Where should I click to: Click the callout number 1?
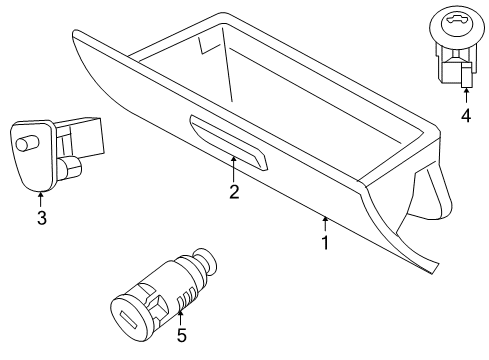pyautogui.click(x=323, y=243)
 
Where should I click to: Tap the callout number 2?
pyautogui.click(x=234, y=191)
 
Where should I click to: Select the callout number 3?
pyautogui.click(x=41, y=218)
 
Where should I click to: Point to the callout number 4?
pyautogui.click(x=465, y=115)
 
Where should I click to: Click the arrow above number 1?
pyautogui.click(x=323, y=223)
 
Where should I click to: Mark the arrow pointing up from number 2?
pyautogui.click(x=234, y=167)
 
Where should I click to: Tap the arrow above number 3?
pyautogui.click(x=41, y=197)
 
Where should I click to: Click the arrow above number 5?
pyautogui.click(x=182, y=314)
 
